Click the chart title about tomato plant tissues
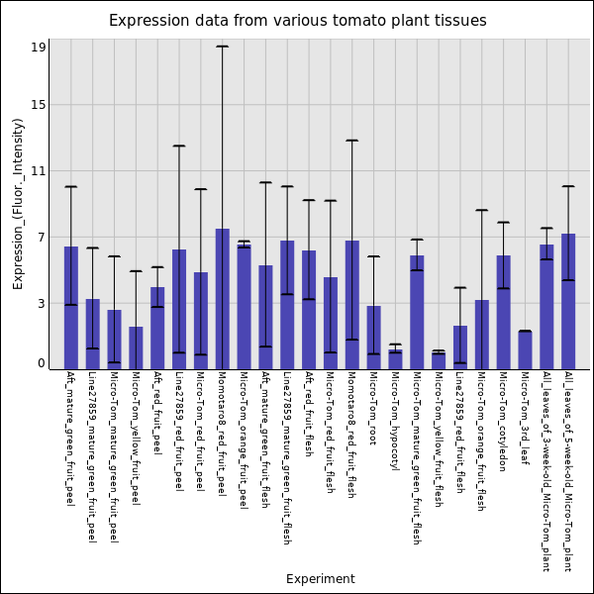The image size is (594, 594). tap(297, 21)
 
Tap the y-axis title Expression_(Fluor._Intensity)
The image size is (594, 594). tap(18, 203)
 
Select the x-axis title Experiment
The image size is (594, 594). tap(320, 579)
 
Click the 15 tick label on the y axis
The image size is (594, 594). tap(38, 105)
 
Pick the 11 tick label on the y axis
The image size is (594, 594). tap(38, 171)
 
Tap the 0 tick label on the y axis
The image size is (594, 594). tap(41, 363)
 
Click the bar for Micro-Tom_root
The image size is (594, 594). tap(373, 338)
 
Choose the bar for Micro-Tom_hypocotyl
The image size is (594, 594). tap(395, 359)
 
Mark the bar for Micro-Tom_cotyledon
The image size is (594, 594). tap(503, 312)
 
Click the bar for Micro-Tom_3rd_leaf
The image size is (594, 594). tap(525, 350)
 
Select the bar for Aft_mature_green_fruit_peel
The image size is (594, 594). tap(71, 308)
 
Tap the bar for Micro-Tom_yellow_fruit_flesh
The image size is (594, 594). tap(439, 361)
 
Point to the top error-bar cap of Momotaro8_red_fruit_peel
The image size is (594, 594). tap(223, 47)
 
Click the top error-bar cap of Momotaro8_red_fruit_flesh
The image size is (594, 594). tap(351, 141)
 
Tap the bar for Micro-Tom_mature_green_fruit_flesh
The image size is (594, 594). tap(417, 312)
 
